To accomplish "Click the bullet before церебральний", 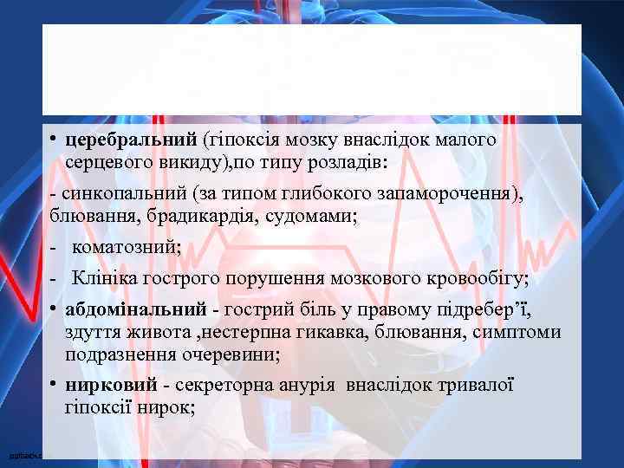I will point(54,140).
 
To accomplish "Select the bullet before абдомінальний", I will point(54,309).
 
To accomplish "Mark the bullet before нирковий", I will point(54,384).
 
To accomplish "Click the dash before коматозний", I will point(55,248).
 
